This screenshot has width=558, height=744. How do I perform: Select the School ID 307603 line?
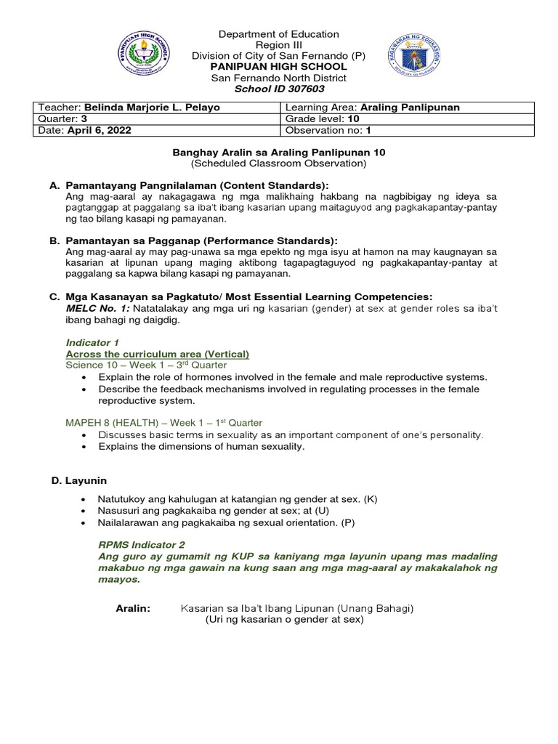click(278, 89)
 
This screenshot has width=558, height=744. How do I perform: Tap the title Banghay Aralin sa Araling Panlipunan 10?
click(278, 153)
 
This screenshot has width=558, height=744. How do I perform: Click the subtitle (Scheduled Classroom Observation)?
click(278, 163)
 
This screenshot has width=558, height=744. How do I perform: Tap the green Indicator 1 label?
click(92, 342)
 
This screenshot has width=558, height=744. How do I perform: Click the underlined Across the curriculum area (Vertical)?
click(158, 354)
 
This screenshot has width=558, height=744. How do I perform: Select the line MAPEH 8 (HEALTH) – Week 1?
click(164, 422)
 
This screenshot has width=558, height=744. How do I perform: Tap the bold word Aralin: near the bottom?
click(133, 609)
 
